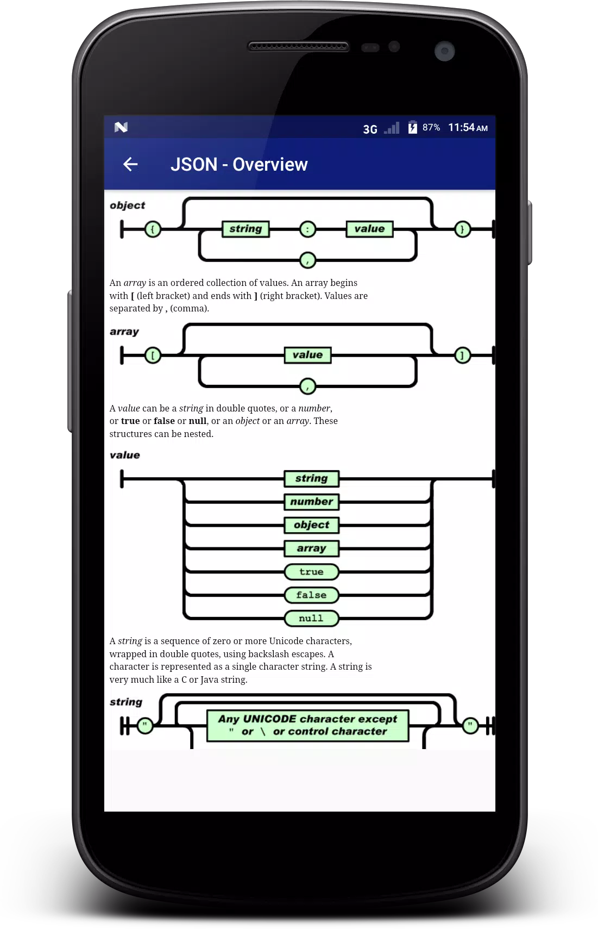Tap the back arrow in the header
130,164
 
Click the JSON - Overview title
238,165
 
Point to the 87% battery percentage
431,127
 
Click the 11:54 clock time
461,127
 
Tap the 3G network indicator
370,129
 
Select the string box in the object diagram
246,229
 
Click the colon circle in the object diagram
307,229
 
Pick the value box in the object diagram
369,229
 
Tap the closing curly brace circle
463,229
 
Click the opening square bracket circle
153,356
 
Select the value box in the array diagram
307,355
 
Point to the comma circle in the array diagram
307,386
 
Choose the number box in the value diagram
312,502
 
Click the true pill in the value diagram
312,572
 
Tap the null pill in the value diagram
312,619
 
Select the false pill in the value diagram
312,595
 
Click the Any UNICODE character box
307,725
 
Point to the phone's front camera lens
445,51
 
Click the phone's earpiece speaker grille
298,46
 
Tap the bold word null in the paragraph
197,421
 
